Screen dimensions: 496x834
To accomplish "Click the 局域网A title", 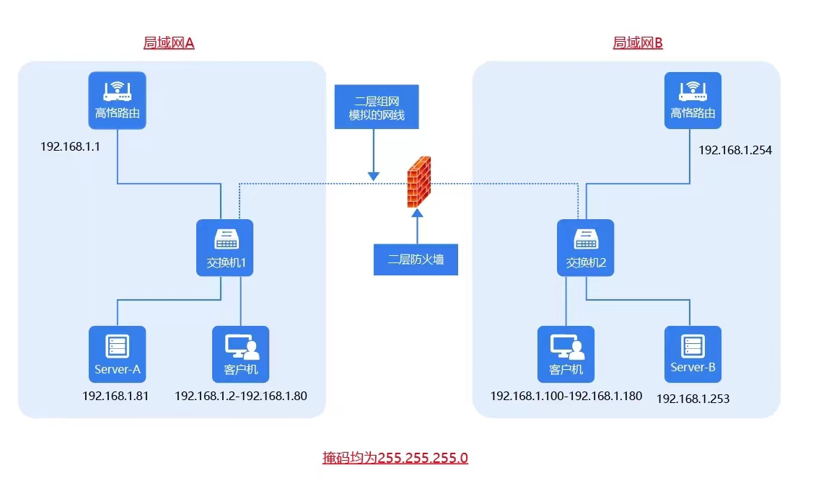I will pyautogui.click(x=169, y=43).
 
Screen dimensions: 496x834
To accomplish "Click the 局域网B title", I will pyautogui.click(x=638, y=43).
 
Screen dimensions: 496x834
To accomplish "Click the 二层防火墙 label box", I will pyautogui.click(x=416, y=260).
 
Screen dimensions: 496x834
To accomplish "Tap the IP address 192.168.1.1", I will pyautogui.click(x=70, y=146).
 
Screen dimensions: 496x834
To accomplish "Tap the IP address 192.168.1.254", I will pyautogui.click(x=735, y=150).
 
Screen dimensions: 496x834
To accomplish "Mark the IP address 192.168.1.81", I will pyautogui.click(x=115, y=395).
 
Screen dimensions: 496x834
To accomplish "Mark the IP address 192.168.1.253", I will pyautogui.click(x=693, y=399).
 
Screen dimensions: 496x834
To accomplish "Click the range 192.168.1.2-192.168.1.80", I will pyautogui.click(x=241, y=395).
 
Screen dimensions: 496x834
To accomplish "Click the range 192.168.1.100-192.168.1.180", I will pyautogui.click(x=566, y=396).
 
